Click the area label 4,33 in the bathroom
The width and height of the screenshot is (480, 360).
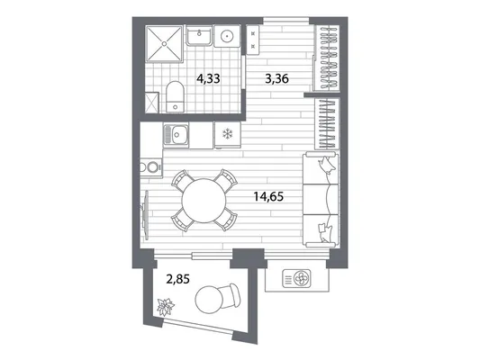coord(208,79)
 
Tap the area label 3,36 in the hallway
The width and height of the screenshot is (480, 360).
coord(276,79)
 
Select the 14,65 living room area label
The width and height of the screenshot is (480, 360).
coord(268,197)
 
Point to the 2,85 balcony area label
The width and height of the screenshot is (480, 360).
coord(177,279)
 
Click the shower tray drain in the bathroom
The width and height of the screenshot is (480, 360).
coord(165,44)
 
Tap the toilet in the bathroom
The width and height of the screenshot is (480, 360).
coord(175,96)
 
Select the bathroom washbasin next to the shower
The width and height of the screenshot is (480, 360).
coord(199,35)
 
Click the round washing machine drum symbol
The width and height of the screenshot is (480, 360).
coord(227,36)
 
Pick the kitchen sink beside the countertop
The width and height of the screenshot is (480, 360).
coord(176,135)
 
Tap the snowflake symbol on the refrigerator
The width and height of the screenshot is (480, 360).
coord(228,134)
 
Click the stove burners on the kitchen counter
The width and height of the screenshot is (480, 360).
coord(150,167)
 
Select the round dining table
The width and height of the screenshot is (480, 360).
coord(204,201)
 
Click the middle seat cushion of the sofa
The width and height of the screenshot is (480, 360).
coord(321,199)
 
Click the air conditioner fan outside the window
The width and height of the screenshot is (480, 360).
coord(301,278)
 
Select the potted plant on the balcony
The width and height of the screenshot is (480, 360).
coord(166,307)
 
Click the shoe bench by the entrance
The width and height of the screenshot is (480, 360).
coord(253,40)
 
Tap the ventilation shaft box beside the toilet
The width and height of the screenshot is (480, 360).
coord(152,103)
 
